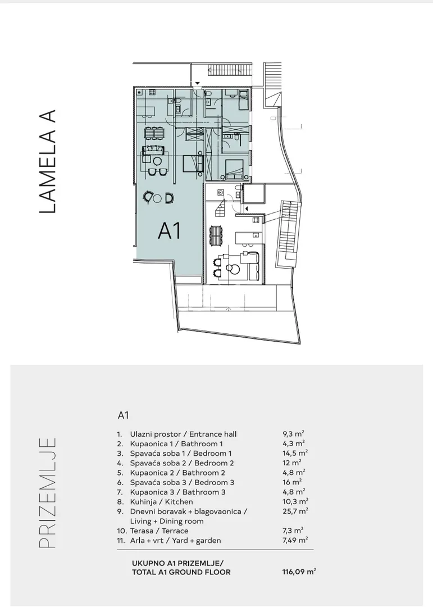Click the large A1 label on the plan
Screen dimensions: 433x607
click(170, 232)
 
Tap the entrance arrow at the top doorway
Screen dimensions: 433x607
click(197, 83)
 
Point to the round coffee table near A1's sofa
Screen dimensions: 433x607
click(157, 161)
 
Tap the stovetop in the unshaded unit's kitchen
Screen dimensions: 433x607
click(256, 220)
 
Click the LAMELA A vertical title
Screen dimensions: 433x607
click(48, 161)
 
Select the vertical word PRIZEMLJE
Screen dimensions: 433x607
click(48, 492)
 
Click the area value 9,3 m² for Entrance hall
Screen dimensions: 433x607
click(293, 433)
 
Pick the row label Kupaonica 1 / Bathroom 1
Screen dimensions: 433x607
click(176, 443)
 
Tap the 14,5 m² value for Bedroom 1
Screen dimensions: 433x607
click(295, 453)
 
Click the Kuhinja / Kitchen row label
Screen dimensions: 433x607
click(161, 502)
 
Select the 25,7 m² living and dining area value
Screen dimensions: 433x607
click(295, 511)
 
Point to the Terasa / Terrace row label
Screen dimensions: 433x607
click(159, 531)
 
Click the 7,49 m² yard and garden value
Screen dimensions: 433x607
click(295, 540)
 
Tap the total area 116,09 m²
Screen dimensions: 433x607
click(299, 572)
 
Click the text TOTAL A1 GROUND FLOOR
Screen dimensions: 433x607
click(181, 572)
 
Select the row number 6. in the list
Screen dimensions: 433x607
click(120, 482)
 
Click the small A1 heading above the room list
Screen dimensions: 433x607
click(123, 415)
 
